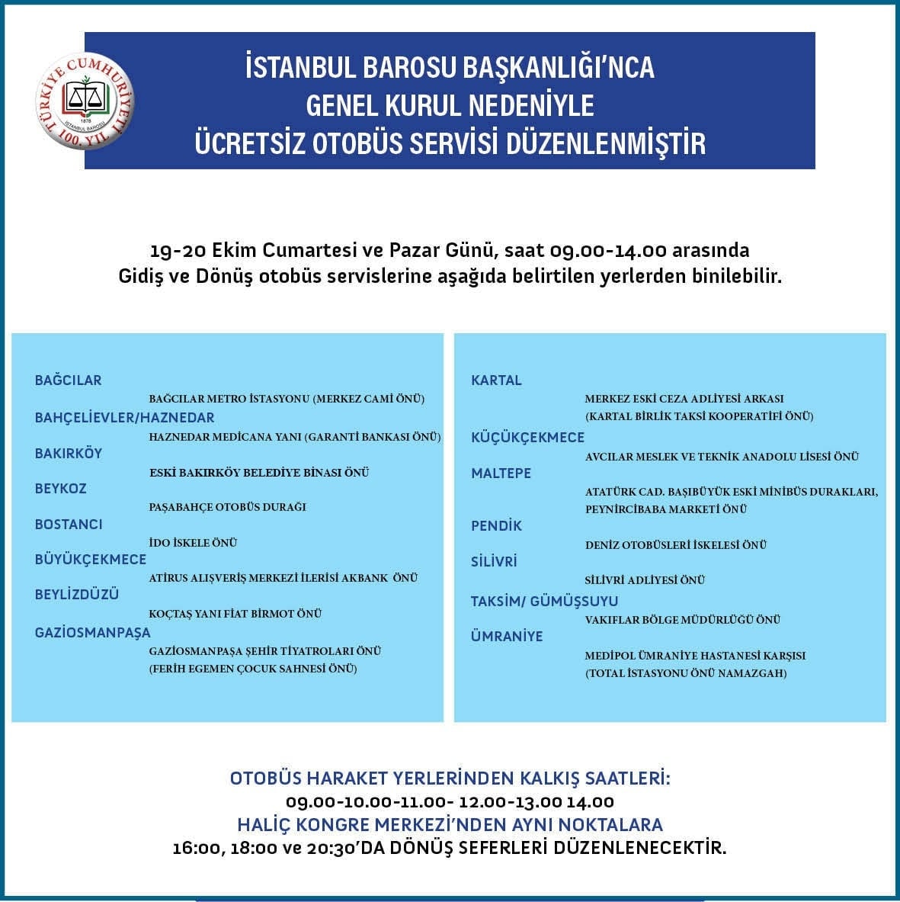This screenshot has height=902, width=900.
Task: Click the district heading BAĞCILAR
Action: tap(68, 380)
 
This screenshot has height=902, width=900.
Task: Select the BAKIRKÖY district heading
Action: tap(69, 453)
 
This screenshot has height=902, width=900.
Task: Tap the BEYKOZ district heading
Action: tap(61, 489)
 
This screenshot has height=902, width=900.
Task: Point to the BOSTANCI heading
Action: tap(69, 525)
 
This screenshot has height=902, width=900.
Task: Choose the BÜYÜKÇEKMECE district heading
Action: tap(90, 560)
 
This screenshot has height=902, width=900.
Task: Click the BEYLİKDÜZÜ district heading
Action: tap(77, 595)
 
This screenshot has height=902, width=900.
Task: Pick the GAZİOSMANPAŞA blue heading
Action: tap(93, 632)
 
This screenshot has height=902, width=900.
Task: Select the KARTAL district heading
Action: tap(496, 380)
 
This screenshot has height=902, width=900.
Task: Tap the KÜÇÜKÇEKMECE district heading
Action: tap(527, 438)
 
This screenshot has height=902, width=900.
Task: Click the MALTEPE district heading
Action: tap(501, 473)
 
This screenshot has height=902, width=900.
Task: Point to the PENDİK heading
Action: tap(496, 526)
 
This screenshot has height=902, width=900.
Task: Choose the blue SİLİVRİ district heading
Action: tap(494, 562)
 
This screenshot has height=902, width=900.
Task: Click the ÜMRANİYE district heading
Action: tap(507, 637)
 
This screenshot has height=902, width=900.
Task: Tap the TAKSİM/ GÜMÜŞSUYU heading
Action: tap(544, 602)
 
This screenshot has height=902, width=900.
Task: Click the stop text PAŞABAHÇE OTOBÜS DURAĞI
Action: tap(227, 507)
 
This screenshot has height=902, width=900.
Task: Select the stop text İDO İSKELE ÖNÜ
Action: tap(193, 543)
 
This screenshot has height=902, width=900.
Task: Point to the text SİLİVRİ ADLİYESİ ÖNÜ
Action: tap(645, 580)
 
